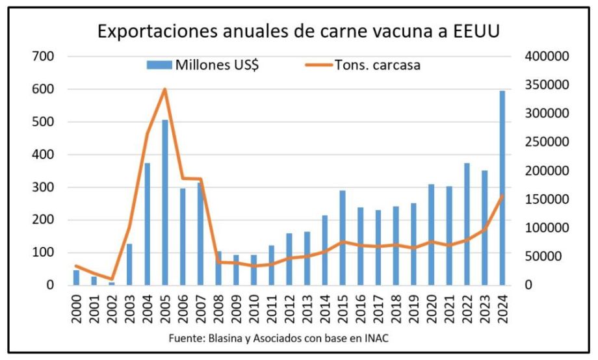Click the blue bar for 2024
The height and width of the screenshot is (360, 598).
(502, 188)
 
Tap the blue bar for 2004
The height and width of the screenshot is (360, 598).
(147, 224)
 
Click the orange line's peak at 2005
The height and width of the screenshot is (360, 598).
(165, 89)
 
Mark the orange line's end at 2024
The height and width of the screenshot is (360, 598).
(502, 195)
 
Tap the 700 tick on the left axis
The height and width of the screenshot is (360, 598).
(43, 57)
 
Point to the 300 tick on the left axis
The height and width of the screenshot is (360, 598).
(43, 188)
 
